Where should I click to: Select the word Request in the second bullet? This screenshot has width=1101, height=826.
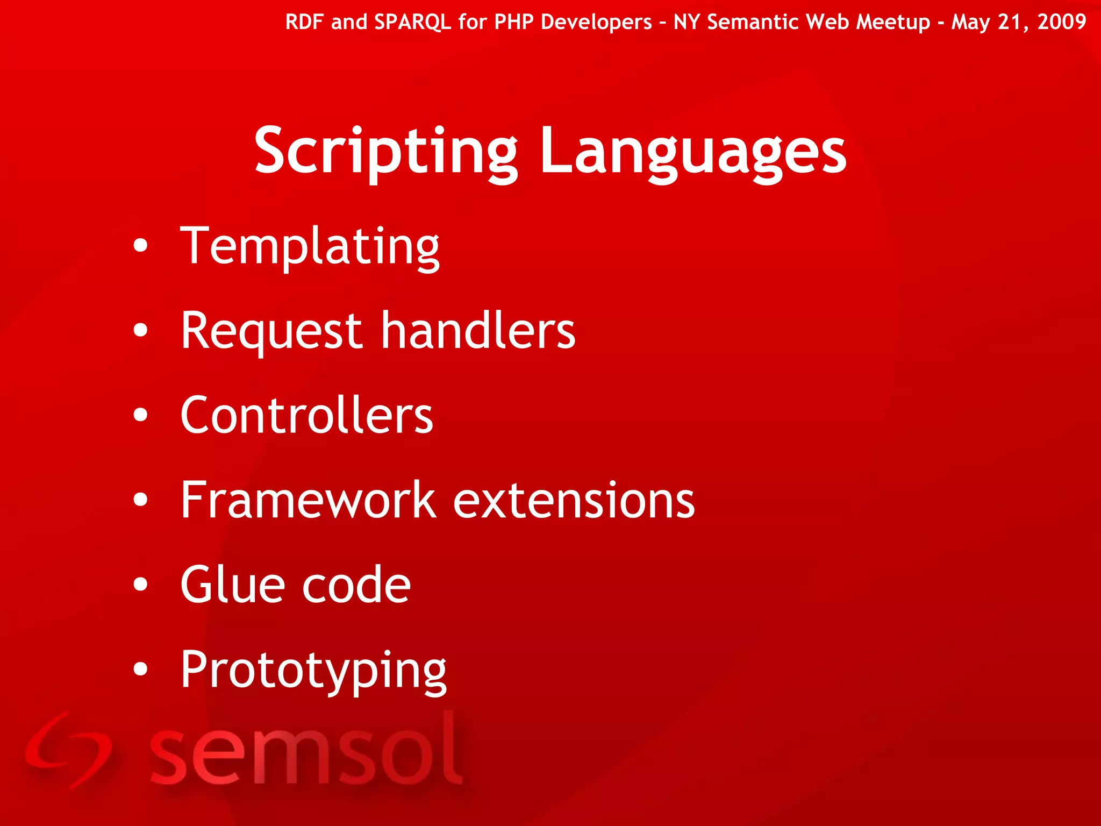(271, 331)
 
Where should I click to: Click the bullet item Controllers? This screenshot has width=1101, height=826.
(306, 415)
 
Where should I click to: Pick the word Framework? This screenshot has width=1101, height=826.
(308, 500)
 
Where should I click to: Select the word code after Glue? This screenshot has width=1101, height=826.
(356, 585)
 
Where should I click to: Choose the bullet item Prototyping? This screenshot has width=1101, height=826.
(313, 670)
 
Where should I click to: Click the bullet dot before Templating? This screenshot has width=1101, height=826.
(140, 246)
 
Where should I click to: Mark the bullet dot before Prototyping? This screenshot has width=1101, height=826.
(140, 669)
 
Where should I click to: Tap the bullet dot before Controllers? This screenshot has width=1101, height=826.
(140, 415)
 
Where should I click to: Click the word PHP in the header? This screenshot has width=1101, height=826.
(513, 22)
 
